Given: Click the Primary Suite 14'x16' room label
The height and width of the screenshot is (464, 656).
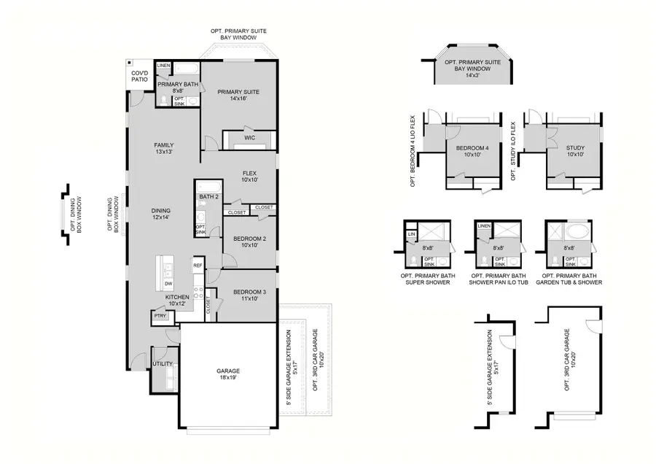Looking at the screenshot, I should (x=238, y=96).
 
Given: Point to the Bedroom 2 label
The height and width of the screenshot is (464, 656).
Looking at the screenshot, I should (x=249, y=241).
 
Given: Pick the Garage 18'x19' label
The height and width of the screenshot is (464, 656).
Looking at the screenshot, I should (x=228, y=375).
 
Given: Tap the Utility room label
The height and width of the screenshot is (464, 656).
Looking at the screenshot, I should (x=163, y=363).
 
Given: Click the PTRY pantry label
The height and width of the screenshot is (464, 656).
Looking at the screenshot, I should (x=160, y=316).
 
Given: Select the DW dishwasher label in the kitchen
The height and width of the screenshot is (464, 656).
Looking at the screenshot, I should (x=168, y=284).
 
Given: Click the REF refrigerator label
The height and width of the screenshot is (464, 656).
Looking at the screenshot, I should (x=198, y=266).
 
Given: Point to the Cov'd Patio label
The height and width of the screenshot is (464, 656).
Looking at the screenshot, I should (x=139, y=77).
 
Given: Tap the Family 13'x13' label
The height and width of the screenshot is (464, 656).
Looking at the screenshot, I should (x=163, y=148).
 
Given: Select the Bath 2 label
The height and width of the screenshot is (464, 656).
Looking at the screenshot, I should (x=209, y=197).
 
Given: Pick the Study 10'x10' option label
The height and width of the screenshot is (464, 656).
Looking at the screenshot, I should (x=575, y=151).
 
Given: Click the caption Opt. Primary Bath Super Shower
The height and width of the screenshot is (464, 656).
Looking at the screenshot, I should (x=426, y=279).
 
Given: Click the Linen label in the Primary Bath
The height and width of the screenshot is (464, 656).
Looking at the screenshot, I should (x=163, y=66).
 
